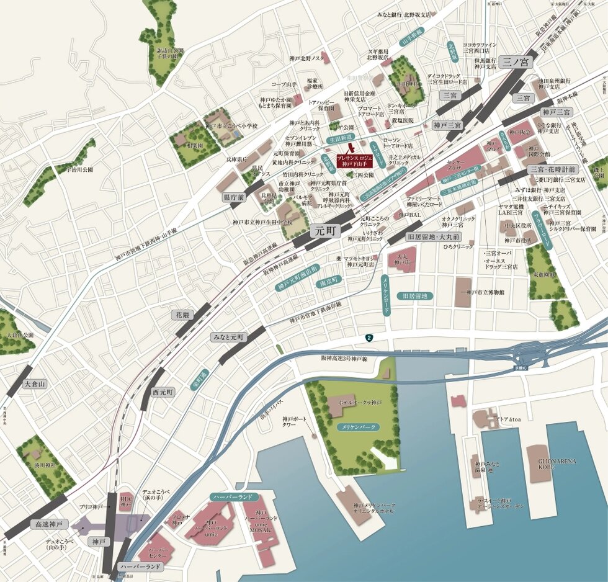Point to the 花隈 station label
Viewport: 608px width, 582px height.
coord(184,315)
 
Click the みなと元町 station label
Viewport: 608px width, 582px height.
coord(228,338)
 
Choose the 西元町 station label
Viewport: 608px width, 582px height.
coord(164,392)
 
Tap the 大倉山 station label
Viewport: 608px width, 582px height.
coord(35,384)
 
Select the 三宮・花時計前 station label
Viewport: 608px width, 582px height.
coord(553,169)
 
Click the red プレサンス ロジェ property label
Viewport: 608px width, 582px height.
coord(355,161)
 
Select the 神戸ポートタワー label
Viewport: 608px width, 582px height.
coord(295,423)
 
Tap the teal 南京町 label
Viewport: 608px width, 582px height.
coord(327,280)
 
